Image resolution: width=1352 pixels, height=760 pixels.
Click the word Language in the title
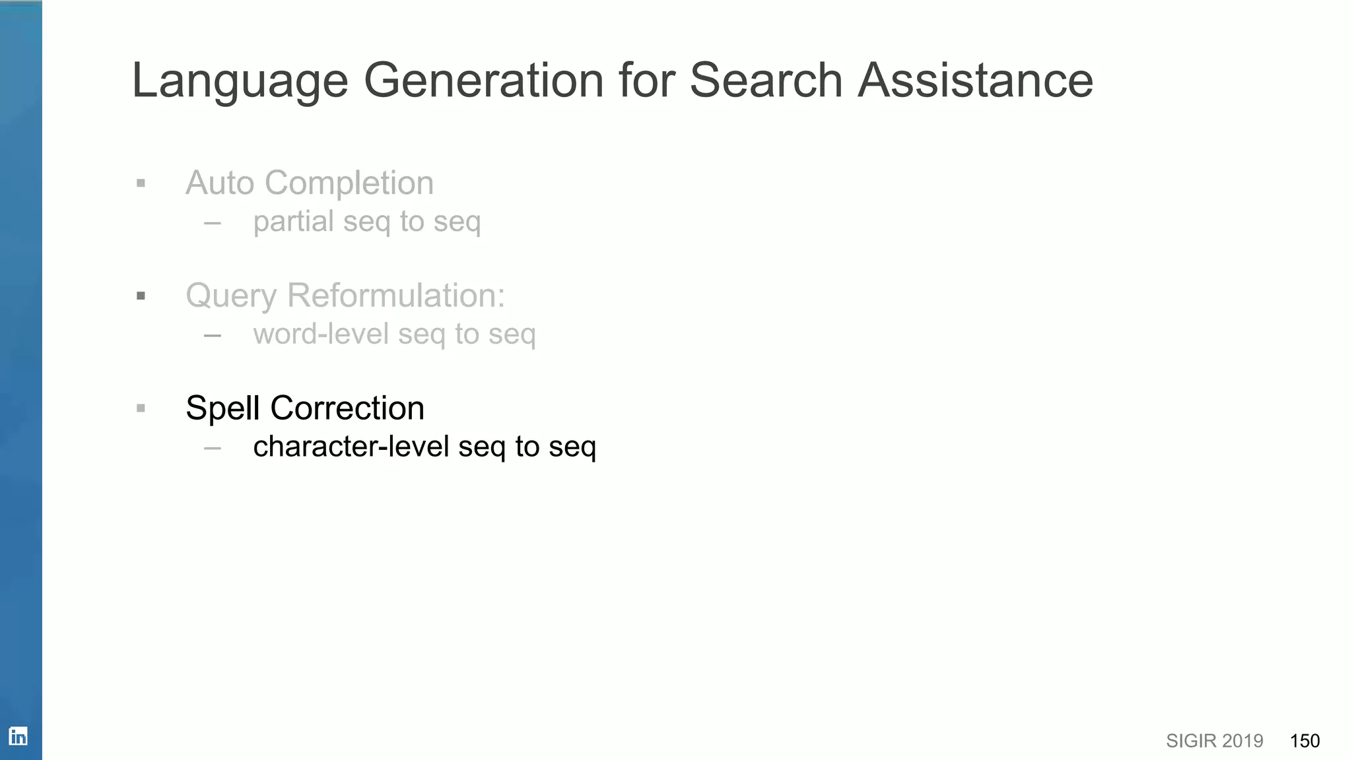(240, 81)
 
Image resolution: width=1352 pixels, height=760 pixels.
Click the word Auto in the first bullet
(220, 183)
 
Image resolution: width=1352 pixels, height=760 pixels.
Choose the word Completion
(349, 183)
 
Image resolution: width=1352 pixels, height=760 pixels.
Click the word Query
(230, 296)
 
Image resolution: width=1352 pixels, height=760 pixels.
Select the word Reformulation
(396, 295)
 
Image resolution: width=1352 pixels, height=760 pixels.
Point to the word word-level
(321, 334)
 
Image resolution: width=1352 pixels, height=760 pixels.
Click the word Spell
(222, 408)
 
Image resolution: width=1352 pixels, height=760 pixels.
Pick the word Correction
(347, 408)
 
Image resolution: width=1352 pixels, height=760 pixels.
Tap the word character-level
(351, 447)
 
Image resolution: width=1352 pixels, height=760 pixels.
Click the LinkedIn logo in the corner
(18, 736)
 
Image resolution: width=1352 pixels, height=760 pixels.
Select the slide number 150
(1304, 741)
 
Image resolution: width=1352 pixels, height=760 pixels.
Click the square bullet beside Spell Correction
(141, 408)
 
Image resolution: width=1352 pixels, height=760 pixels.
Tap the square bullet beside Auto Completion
(141, 183)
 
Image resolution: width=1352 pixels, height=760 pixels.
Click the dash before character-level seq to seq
(213, 448)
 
